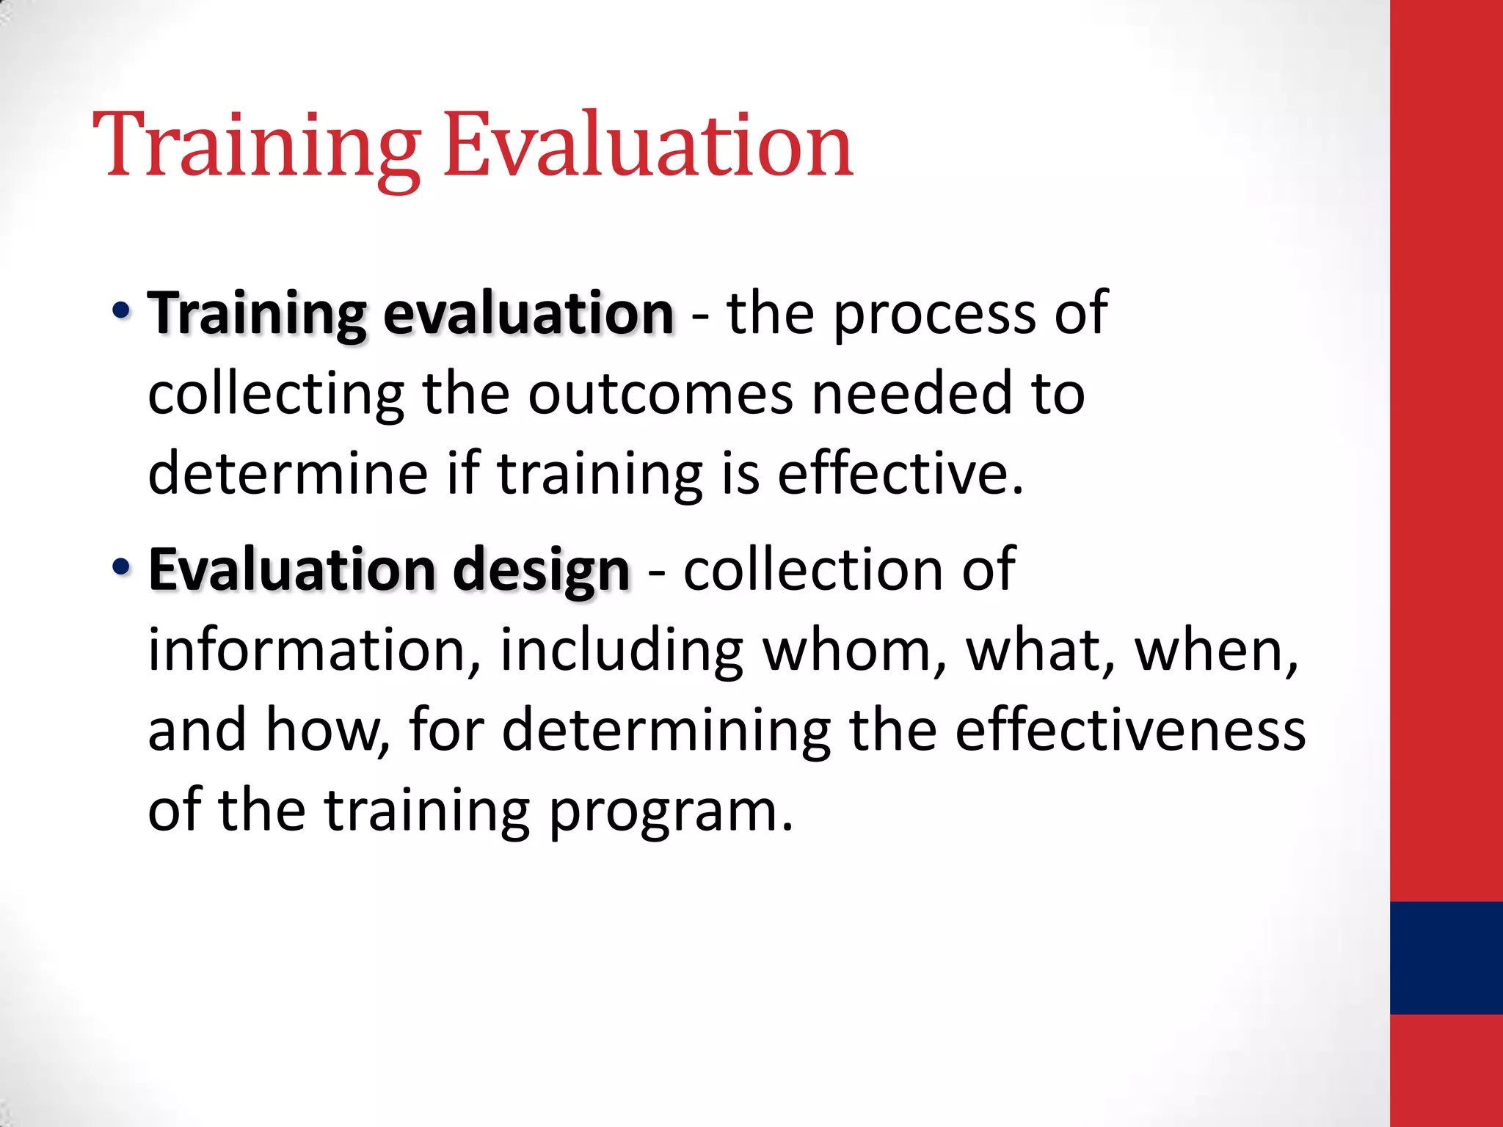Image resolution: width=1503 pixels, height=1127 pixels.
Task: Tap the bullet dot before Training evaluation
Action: [121, 310]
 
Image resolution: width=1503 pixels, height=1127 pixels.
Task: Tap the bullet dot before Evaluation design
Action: [121, 566]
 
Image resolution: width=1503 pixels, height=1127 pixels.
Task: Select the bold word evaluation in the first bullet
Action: [528, 314]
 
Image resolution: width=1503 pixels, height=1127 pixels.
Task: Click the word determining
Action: [666, 732]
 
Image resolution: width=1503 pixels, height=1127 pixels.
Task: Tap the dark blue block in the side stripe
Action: [1446, 958]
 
